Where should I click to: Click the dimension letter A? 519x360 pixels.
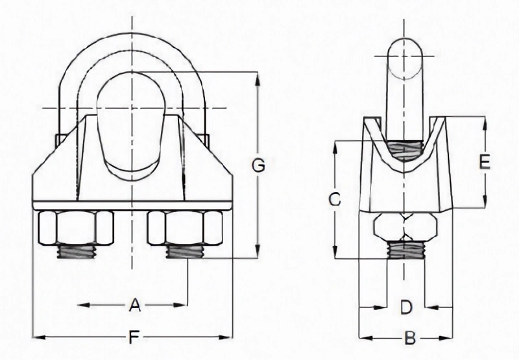pos(134,305)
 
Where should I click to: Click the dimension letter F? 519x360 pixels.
pos(134,337)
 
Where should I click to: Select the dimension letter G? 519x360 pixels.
pos(258,167)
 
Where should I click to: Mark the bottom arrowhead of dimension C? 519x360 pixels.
pos(334,254)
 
